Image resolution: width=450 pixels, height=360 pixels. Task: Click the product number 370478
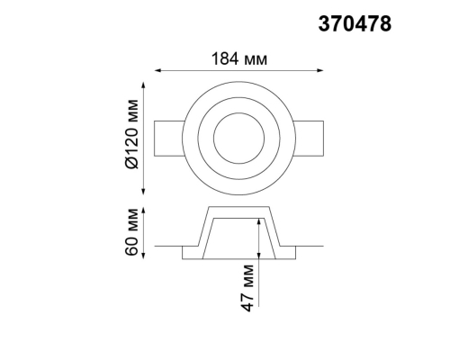[x=355, y=24]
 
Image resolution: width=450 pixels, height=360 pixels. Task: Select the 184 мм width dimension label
[x=239, y=58]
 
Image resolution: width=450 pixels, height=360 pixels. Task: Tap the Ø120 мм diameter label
[x=132, y=134]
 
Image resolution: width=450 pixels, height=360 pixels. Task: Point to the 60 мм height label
[x=132, y=232]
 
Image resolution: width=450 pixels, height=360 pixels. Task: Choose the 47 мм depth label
[x=247, y=288]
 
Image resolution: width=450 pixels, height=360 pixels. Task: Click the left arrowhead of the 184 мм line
[x=158, y=70]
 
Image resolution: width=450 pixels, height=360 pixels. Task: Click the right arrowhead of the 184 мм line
[x=319, y=70]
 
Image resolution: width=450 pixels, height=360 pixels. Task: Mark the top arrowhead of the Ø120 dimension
[x=143, y=85]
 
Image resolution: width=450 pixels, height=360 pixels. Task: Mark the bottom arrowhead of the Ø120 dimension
[x=143, y=191]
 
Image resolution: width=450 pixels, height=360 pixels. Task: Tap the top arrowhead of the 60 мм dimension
[x=143, y=211]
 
